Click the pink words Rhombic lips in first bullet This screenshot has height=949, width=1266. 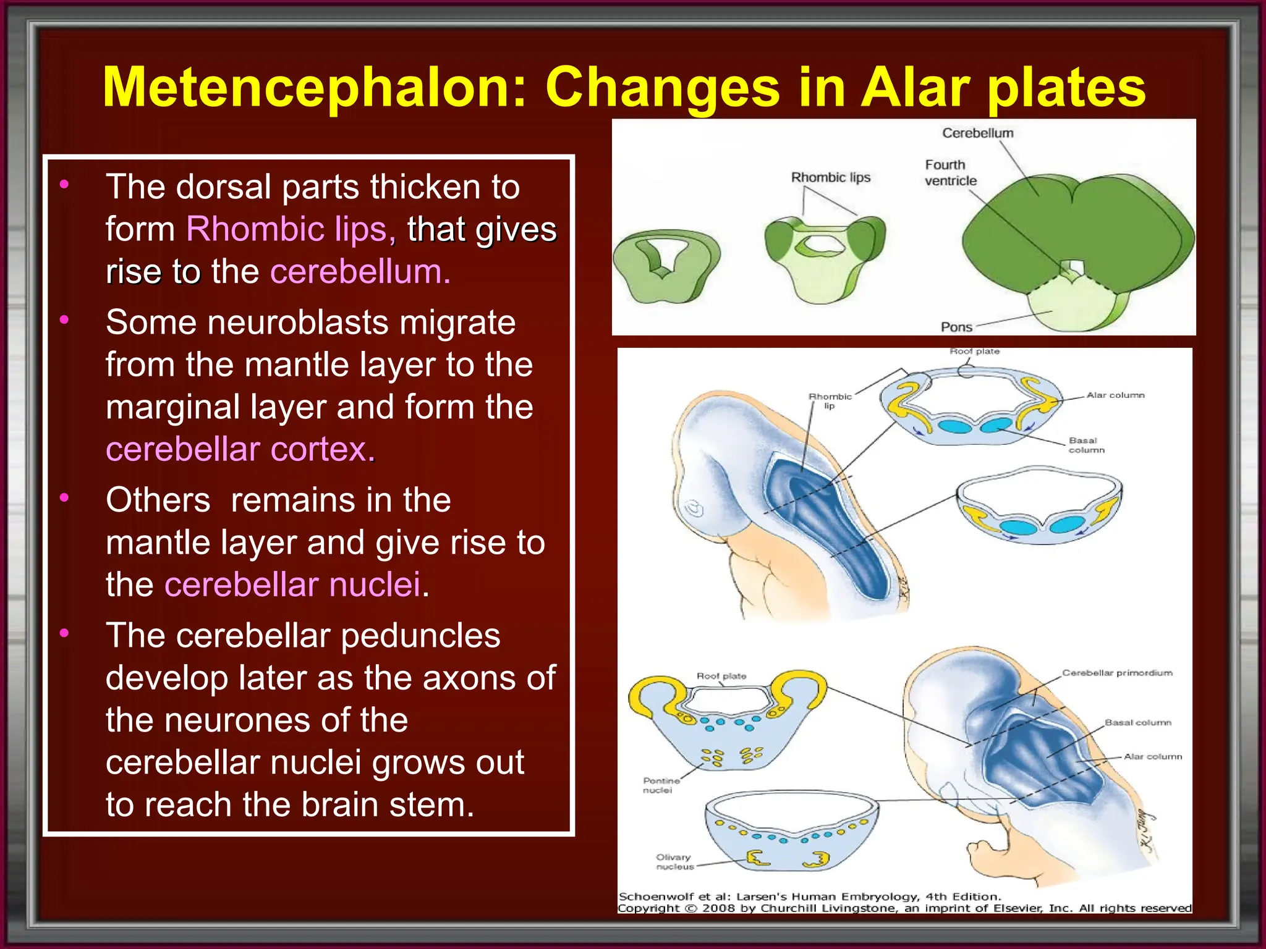click(287, 229)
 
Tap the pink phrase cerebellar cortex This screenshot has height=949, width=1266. click(240, 449)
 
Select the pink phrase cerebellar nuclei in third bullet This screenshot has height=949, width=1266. click(292, 584)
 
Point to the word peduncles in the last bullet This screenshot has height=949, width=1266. click(420, 636)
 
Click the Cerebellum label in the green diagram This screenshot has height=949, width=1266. click(977, 133)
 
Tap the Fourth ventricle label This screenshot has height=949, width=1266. click(949, 173)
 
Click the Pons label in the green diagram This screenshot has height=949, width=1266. click(956, 327)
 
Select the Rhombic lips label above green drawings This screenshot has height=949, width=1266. click(830, 177)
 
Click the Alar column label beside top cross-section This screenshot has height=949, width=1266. click(1115, 395)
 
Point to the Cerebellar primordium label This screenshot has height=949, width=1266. click(1117, 673)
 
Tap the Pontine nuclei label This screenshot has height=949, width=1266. click(660, 785)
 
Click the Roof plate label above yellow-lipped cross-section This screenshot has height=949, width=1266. click(721, 676)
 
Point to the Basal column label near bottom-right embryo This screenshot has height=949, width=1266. click(1137, 722)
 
